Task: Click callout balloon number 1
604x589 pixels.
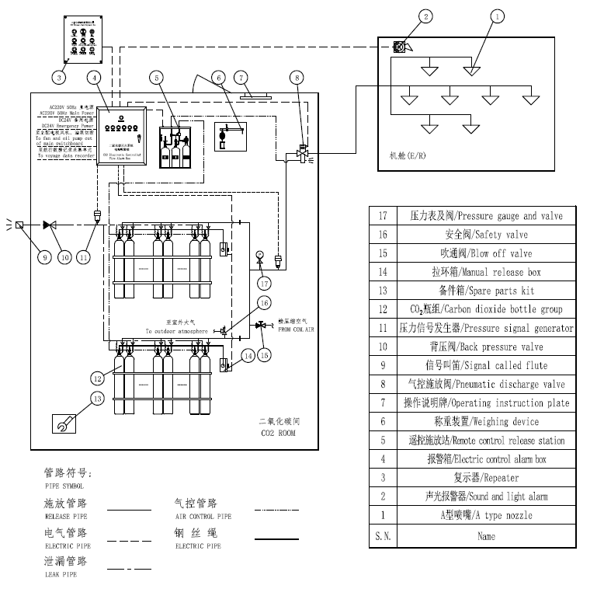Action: click(x=498, y=14)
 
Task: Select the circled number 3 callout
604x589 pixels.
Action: click(x=59, y=76)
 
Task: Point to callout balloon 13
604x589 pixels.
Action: click(x=96, y=399)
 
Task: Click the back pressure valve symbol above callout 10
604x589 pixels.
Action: click(x=49, y=225)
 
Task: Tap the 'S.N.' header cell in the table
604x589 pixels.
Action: click(x=382, y=535)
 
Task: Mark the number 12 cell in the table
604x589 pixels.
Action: click(x=382, y=309)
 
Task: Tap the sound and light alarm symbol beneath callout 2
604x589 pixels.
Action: click(x=401, y=47)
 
